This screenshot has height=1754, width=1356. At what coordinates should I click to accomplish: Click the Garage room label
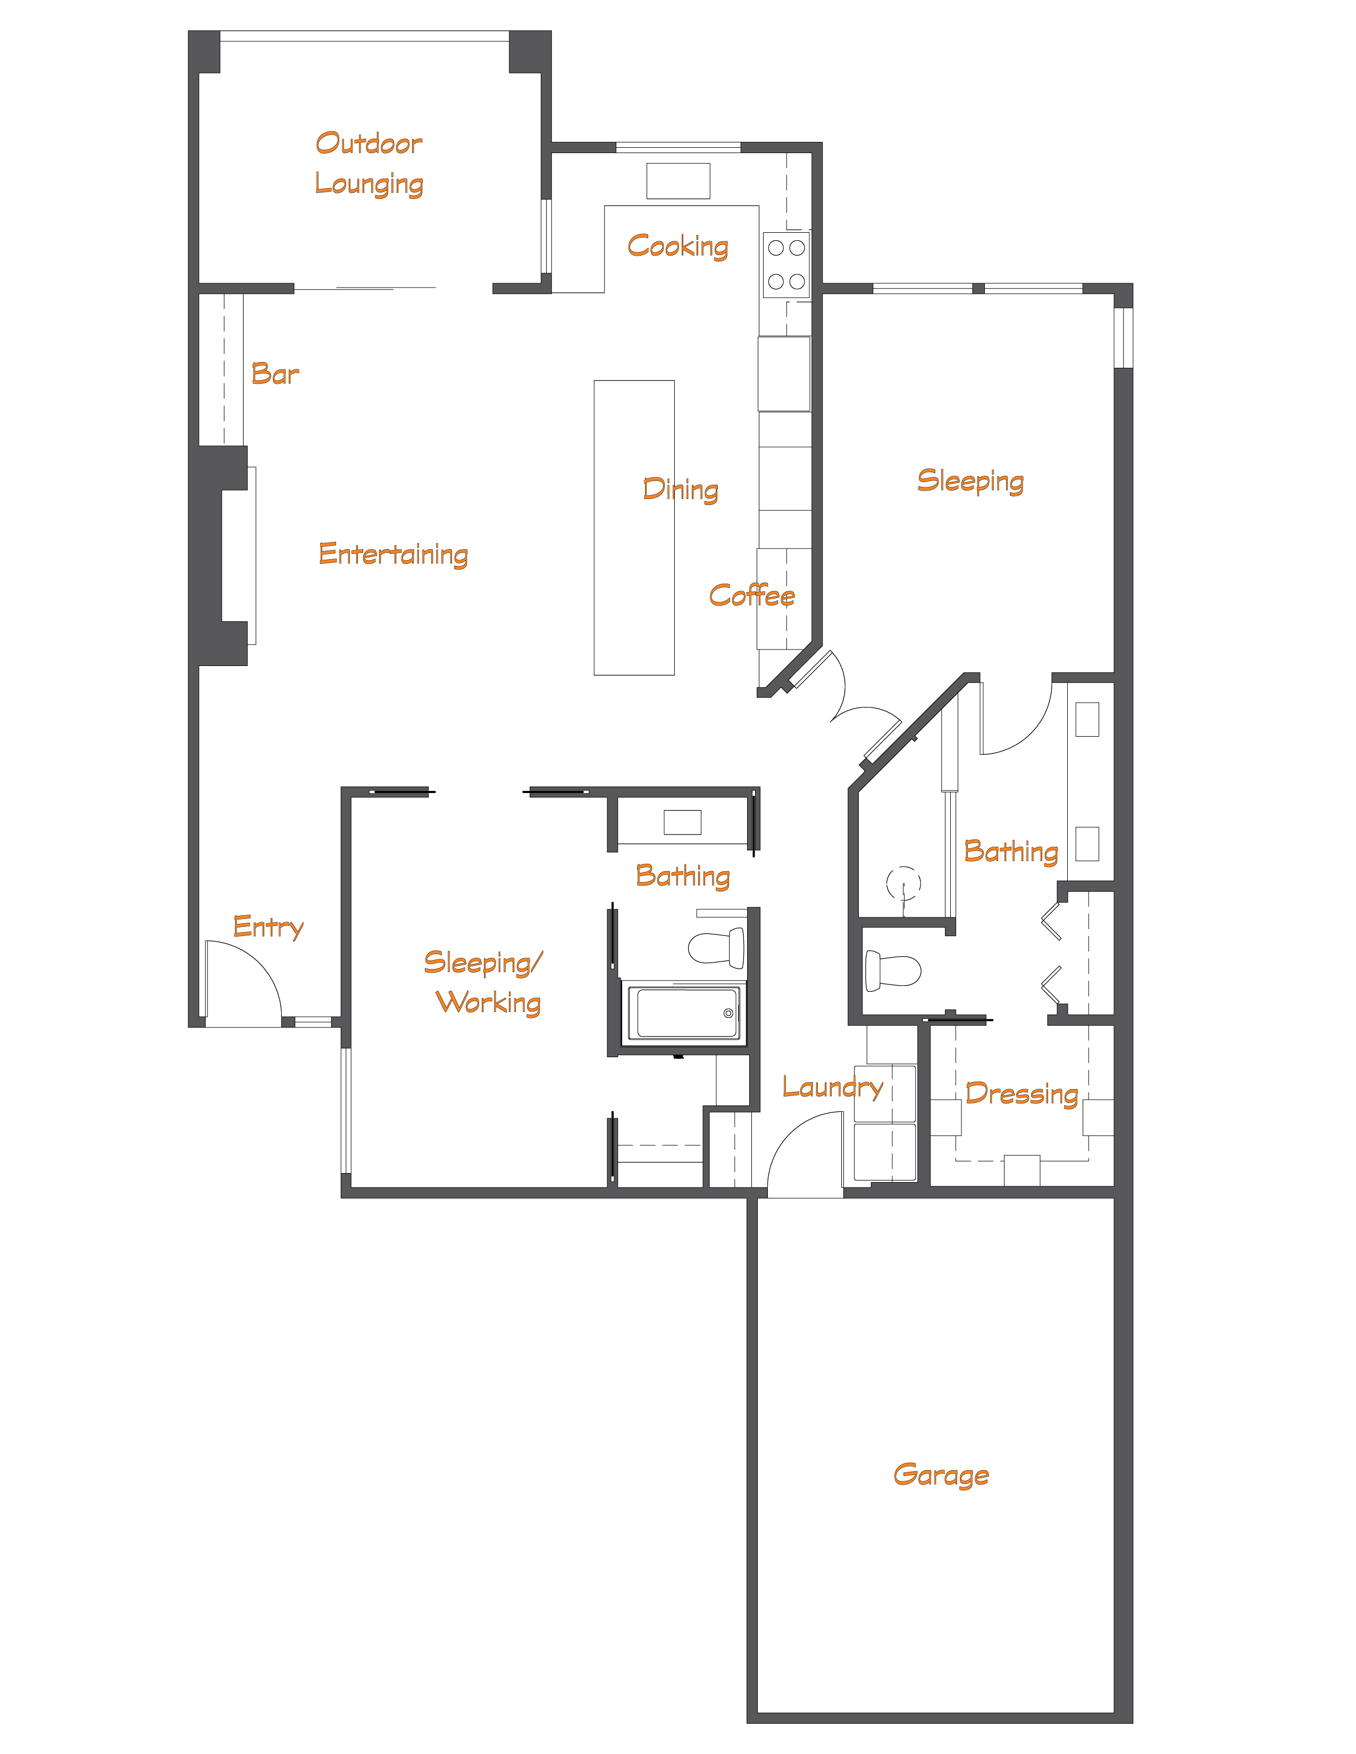[941, 1475]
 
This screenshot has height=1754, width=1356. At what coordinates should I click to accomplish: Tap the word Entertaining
[393, 554]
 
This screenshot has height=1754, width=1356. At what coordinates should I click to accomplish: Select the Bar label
[275, 374]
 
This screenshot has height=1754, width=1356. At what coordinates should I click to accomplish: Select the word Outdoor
[369, 143]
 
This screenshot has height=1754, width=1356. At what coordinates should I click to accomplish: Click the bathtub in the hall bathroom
[684, 1014]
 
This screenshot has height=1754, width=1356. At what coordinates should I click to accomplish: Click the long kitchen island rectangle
[634, 528]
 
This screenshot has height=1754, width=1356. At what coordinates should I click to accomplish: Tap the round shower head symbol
[903, 883]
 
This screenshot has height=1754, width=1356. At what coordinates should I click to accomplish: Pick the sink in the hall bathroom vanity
[682, 822]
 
